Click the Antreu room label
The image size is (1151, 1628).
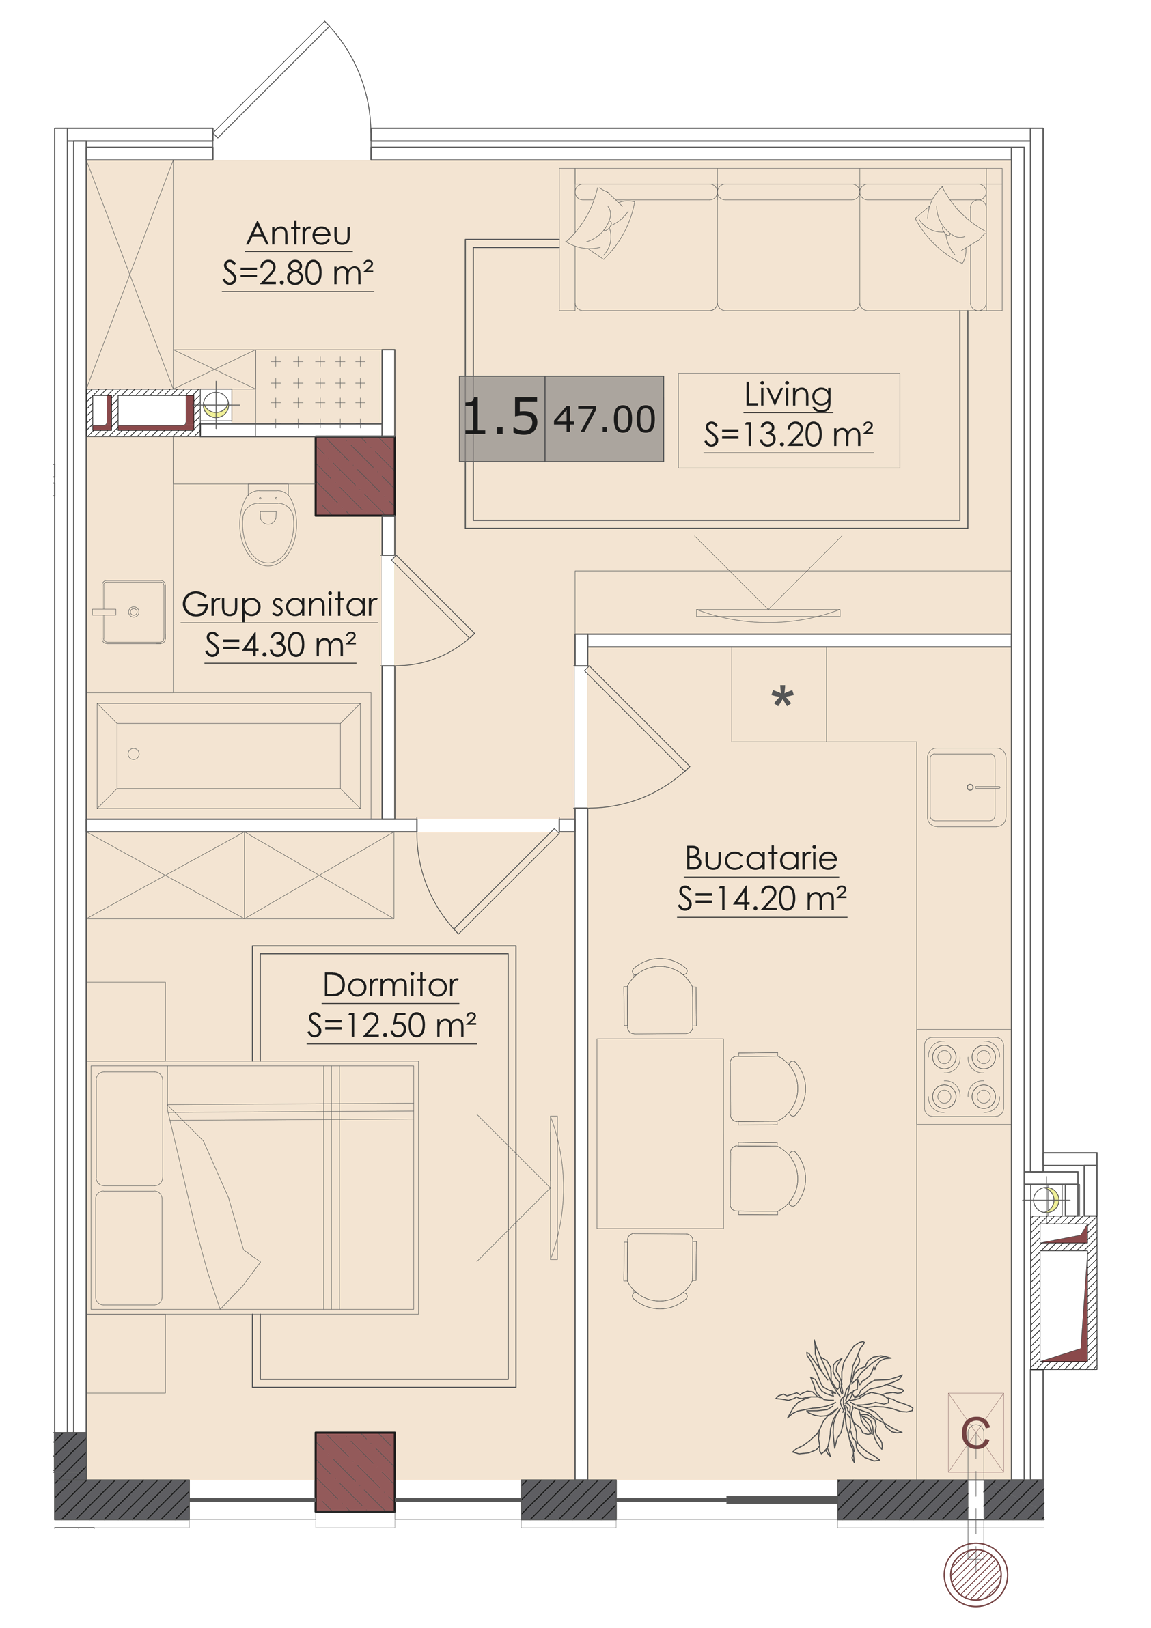(x=299, y=234)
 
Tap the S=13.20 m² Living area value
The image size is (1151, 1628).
(x=788, y=434)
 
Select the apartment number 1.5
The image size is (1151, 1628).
(x=501, y=417)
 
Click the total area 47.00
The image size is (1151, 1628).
(x=605, y=419)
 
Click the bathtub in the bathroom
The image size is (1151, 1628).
(x=228, y=756)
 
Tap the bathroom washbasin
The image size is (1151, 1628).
(x=133, y=612)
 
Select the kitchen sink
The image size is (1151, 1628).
(x=966, y=787)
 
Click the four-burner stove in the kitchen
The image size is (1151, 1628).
(x=964, y=1076)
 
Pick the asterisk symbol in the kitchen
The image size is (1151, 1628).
(x=782, y=697)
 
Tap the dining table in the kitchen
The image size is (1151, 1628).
(x=660, y=1133)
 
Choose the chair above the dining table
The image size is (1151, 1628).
(x=660, y=996)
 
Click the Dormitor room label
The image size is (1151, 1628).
(x=391, y=985)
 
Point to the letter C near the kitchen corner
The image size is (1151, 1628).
(x=975, y=1433)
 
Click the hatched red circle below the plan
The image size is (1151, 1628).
(x=975, y=1574)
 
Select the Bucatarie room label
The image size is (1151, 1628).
(x=762, y=858)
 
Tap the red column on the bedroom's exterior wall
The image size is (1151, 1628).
(x=355, y=1472)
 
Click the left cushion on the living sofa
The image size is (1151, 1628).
(x=601, y=222)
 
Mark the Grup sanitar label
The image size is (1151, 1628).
(x=279, y=605)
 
